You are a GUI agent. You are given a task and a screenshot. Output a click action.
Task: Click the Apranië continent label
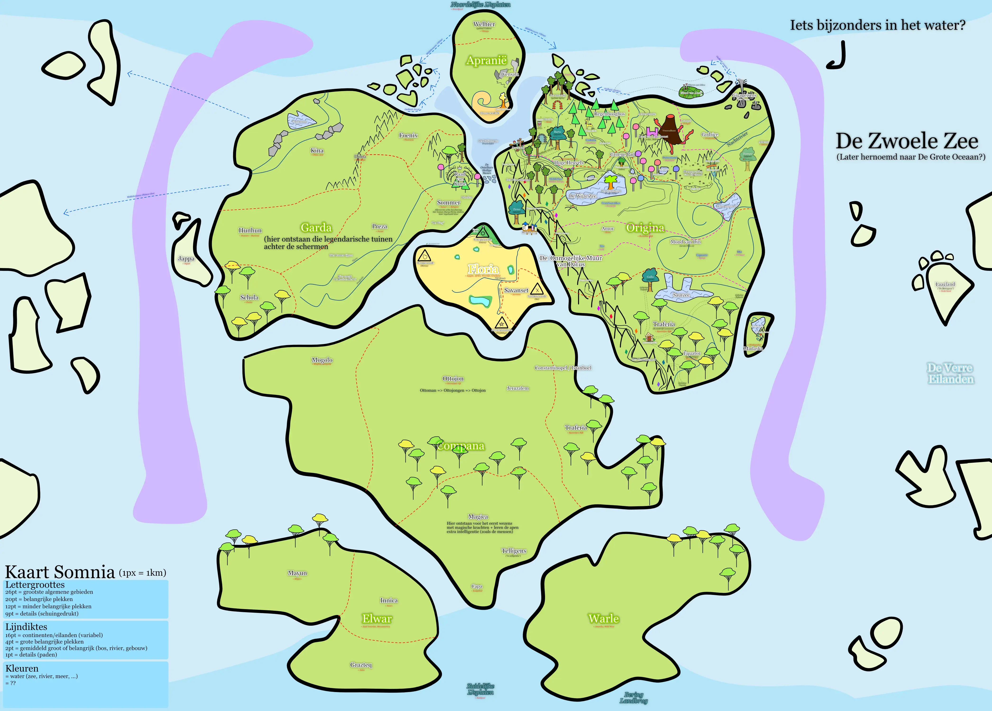(x=486, y=60)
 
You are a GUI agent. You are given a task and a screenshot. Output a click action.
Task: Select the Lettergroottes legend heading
(x=35, y=585)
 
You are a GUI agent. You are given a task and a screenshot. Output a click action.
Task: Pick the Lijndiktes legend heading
(x=26, y=627)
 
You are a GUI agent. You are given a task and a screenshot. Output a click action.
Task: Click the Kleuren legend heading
(x=22, y=668)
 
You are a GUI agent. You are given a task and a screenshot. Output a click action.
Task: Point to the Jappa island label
(x=186, y=258)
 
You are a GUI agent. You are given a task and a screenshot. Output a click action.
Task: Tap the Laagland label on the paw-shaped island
(x=945, y=284)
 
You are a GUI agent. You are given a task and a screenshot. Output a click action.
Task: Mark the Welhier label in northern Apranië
(x=484, y=24)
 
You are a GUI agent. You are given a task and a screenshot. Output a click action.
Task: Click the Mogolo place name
(x=322, y=360)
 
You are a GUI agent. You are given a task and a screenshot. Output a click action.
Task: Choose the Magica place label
(x=478, y=516)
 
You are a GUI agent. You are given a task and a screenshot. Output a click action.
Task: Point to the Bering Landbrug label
(x=633, y=697)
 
